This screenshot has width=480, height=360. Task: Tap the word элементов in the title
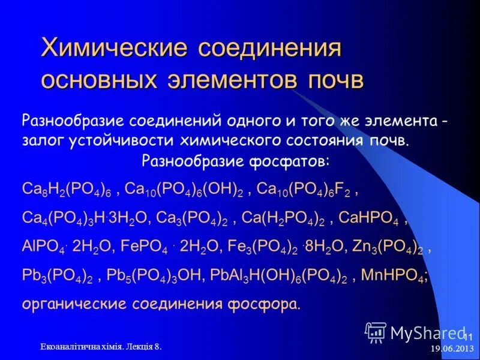pos(234,80)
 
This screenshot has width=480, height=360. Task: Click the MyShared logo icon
pos(376,331)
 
